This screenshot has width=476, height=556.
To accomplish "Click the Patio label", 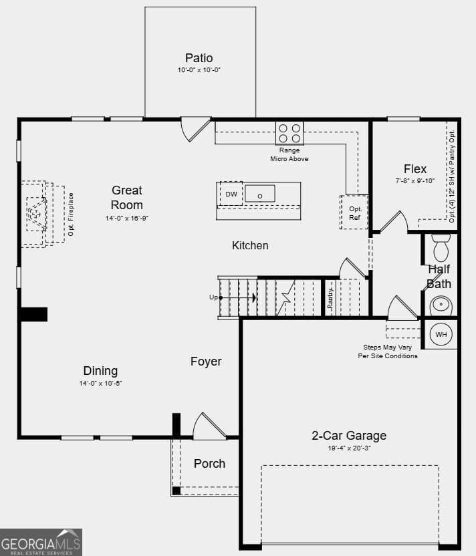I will tap(199, 58).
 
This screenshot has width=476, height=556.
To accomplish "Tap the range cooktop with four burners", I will tap(289, 133).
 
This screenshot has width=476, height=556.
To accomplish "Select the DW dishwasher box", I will tap(231, 194).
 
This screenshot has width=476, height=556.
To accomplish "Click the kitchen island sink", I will tap(259, 194).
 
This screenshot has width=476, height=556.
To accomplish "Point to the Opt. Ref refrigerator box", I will tap(354, 213).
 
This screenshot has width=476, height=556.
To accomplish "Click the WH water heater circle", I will tap(441, 334).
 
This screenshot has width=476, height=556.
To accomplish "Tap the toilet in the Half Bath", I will tap(441, 247).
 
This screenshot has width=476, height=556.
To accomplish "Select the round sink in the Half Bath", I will tap(441, 306).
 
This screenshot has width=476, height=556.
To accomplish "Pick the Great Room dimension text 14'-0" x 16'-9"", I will tap(127, 219).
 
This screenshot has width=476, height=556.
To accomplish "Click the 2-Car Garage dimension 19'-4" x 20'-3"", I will tap(349, 449).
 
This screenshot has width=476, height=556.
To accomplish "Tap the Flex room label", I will tap(415, 169).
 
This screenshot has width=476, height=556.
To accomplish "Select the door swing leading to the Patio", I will tap(195, 129).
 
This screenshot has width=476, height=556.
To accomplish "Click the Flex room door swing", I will tap(394, 222).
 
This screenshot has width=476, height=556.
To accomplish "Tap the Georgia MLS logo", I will tap(41, 542).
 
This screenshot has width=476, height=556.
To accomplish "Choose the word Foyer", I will tap(206, 362).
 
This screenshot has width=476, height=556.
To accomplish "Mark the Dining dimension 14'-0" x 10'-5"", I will tap(100, 384).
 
